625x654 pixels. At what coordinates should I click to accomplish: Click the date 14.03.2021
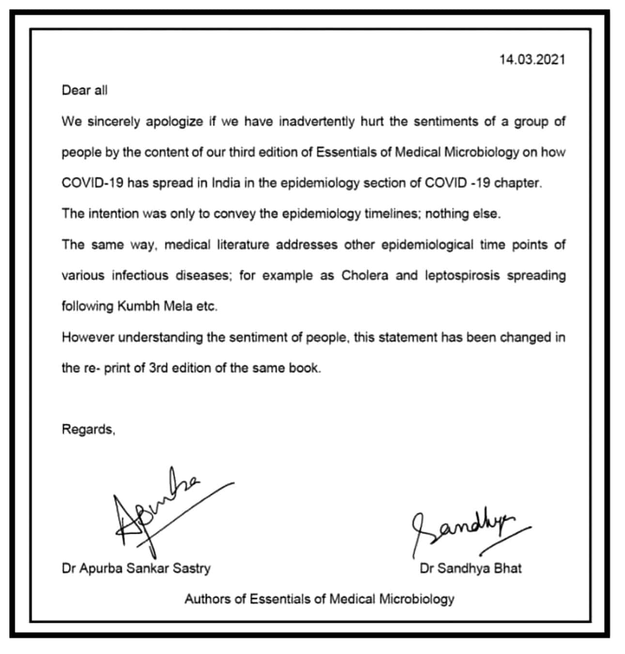[532, 60]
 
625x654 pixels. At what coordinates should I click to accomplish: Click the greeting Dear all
[84, 91]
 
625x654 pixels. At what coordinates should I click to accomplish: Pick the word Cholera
[365, 275]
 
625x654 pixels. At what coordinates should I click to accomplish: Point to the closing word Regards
[88, 429]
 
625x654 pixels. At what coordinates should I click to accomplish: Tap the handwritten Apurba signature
[155, 513]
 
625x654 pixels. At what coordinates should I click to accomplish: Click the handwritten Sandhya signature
[460, 530]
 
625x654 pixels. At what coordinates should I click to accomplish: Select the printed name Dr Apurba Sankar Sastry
[136, 568]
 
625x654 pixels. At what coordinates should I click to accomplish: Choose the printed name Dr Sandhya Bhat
[471, 568]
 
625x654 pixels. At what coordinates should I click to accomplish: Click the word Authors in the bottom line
[208, 599]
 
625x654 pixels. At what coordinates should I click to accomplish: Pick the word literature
[243, 245]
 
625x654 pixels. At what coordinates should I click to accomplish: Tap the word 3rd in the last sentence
[158, 368]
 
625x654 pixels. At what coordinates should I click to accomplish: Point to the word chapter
[519, 183]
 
